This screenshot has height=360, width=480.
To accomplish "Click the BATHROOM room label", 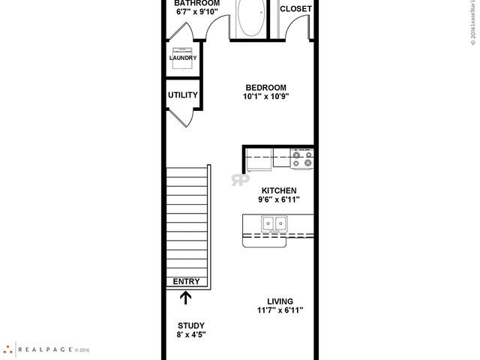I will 197,3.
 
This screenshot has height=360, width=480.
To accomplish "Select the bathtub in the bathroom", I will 250,18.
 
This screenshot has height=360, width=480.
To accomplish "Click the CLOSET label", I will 295,9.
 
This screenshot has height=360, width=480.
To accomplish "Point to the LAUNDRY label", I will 183,58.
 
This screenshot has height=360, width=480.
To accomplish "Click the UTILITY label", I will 183,95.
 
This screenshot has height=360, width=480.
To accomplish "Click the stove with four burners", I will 302,157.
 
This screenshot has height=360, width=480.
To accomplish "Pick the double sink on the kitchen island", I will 273,223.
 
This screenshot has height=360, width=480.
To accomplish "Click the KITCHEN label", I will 278,190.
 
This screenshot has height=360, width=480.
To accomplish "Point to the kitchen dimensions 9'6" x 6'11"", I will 278,200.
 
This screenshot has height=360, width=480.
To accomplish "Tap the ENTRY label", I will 186,281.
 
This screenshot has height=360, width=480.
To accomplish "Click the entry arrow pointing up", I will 185,298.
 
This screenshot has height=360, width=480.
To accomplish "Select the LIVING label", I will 280,301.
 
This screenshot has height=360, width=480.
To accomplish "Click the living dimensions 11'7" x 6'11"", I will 280,311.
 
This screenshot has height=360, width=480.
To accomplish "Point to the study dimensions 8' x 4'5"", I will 190,334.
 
